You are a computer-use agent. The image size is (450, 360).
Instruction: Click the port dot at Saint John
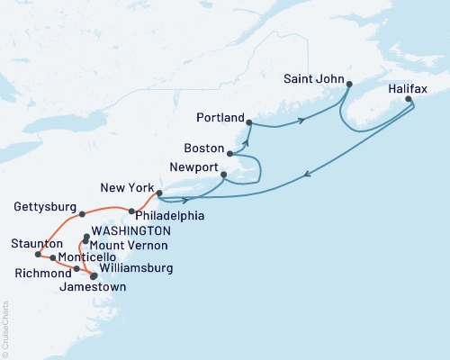[348, 85]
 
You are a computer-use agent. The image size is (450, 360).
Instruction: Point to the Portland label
[220, 117]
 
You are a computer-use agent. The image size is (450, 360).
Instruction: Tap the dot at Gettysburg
[82, 214]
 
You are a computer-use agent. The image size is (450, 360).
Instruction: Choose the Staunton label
[31, 244]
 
